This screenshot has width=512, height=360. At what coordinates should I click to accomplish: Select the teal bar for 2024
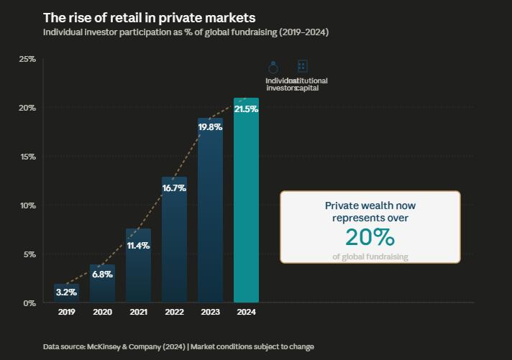(246, 208)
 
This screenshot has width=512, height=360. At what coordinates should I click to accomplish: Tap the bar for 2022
(174, 244)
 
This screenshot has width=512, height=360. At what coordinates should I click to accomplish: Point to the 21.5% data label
(246, 109)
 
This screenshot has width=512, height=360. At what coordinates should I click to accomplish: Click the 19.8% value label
(210, 126)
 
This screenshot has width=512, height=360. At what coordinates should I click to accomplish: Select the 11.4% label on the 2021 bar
(138, 246)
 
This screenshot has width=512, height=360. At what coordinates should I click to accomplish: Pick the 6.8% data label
(102, 274)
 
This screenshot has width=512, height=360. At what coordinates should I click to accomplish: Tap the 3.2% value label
(66, 292)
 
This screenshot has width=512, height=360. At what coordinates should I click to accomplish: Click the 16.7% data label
(174, 188)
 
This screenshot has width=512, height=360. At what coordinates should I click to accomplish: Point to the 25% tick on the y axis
(27, 59)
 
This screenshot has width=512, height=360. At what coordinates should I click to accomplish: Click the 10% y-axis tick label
(27, 206)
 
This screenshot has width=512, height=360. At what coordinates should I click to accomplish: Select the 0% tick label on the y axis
(29, 303)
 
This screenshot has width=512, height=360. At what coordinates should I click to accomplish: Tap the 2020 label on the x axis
(102, 313)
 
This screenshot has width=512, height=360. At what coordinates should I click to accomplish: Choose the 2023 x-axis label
(210, 313)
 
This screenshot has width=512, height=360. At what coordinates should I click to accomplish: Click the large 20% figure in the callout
(370, 237)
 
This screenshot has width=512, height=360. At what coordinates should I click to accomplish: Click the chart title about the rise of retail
(149, 17)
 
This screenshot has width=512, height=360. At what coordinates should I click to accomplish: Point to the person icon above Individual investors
(273, 67)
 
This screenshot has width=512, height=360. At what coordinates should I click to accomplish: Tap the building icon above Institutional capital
(302, 66)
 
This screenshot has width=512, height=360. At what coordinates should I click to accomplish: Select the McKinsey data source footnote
(178, 347)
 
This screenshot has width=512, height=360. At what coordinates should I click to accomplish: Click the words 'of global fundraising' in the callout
(370, 257)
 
